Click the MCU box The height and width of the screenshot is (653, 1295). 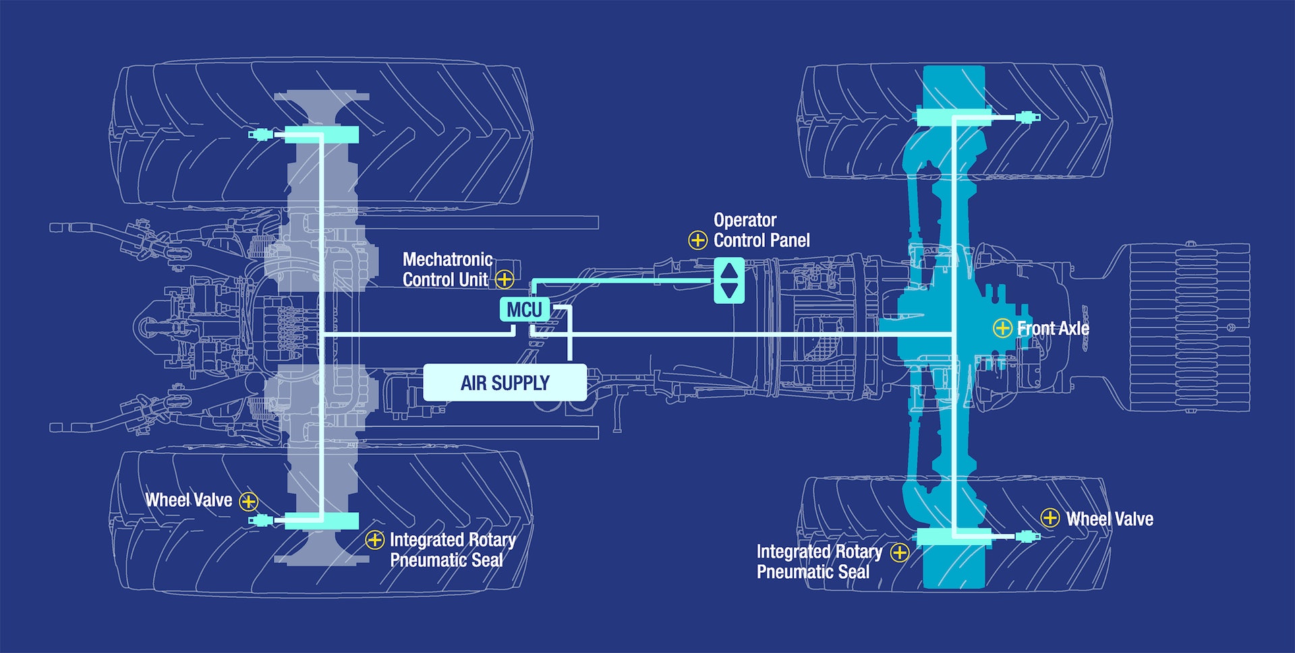pyautogui.click(x=524, y=310)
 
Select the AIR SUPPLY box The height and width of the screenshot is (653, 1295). pyautogui.click(x=505, y=383)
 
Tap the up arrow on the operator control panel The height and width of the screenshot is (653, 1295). pyautogui.click(x=729, y=270)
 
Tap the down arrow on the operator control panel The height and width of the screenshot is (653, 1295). pyautogui.click(x=729, y=290)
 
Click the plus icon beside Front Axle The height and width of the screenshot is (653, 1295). pyautogui.click(x=1002, y=328)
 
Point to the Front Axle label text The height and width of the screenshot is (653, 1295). pyautogui.click(x=1053, y=329)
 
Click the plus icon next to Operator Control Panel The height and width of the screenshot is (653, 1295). pyautogui.click(x=697, y=240)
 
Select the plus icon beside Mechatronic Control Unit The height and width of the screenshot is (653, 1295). pyautogui.click(x=504, y=279)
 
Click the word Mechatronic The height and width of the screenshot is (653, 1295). pyautogui.click(x=447, y=259)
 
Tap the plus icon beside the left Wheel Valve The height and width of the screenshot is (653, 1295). pyautogui.click(x=249, y=501)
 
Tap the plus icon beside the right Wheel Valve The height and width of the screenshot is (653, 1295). pyautogui.click(x=1049, y=518)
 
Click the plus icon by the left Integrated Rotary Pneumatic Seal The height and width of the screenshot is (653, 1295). pyautogui.click(x=374, y=539)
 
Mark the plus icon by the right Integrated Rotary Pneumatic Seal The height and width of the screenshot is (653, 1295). pyautogui.click(x=899, y=553)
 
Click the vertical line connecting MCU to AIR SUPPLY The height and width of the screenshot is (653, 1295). pyautogui.click(x=570, y=337)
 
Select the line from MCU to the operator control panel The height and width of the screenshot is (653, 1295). pyautogui.click(x=621, y=280)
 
